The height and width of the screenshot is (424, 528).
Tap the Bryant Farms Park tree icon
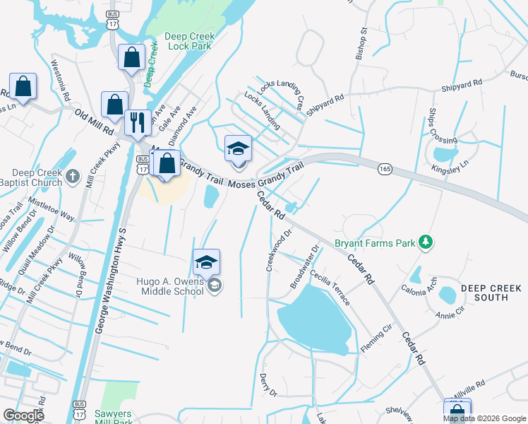(425, 242)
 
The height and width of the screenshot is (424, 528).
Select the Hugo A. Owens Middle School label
(170, 285)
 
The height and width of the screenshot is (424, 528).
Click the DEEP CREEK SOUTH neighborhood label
(491, 293)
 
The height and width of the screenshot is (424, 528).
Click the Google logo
(23, 416)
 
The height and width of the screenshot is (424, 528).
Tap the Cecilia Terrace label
(329, 288)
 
